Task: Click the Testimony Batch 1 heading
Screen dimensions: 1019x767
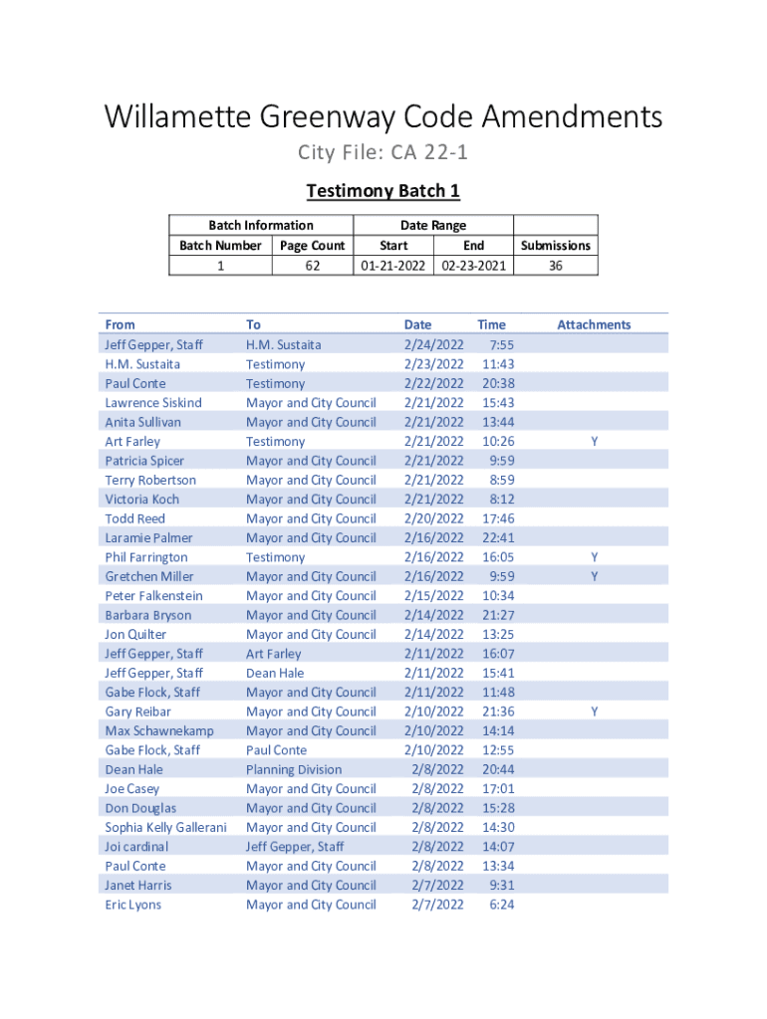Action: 383,191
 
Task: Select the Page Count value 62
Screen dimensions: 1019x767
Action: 313,266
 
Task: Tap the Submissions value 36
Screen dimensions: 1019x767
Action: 556,266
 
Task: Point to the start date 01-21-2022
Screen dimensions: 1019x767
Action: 393,266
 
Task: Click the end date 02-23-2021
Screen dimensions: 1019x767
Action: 473,266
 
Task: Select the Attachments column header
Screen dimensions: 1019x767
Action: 594,324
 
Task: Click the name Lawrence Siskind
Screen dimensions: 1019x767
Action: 153,402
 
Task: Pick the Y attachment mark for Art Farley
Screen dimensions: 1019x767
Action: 595,441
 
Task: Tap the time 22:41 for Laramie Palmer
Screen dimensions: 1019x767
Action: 497,537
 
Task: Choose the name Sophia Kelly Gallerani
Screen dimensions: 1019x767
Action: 165,827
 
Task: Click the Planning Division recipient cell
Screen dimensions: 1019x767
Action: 294,769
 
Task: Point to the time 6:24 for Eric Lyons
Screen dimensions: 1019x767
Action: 502,905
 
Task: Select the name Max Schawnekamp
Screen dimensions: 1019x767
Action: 159,730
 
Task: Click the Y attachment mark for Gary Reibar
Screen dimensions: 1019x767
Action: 595,712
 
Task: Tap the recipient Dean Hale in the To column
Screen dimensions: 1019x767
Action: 275,673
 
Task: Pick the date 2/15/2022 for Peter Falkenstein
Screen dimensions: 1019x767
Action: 433,595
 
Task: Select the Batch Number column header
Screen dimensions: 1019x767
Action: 220,246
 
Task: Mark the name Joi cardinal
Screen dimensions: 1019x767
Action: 136,847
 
